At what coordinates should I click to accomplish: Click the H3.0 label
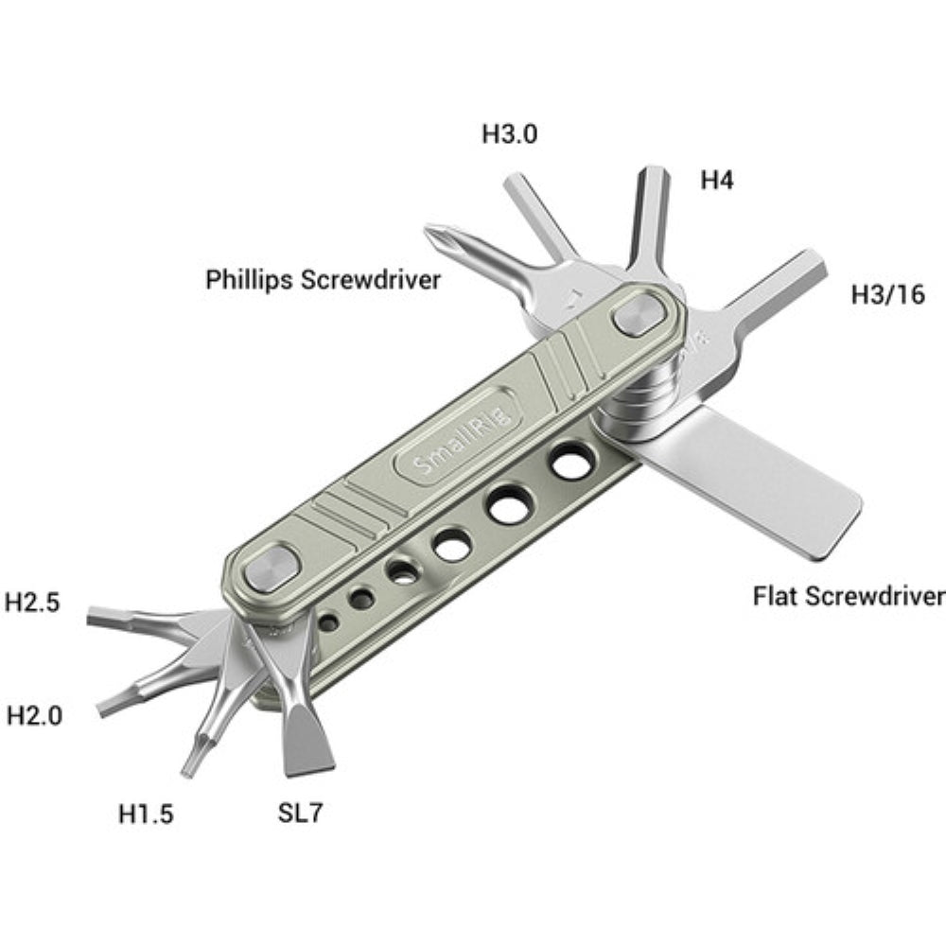pyautogui.click(x=510, y=134)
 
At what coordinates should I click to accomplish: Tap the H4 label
pyautogui.click(x=717, y=180)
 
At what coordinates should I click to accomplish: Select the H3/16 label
pyautogui.click(x=886, y=295)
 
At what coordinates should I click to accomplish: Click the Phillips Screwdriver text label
pyautogui.click(x=324, y=280)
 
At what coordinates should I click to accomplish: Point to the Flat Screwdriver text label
pyautogui.click(x=849, y=597)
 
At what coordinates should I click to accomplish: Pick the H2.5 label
pyautogui.click(x=33, y=602)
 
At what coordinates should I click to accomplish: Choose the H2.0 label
pyautogui.click(x=35, y=715)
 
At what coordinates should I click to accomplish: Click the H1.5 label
pyautogui.click(x=146, y=813)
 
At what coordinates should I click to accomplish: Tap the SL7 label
pyautogui.click(x=300, y=812)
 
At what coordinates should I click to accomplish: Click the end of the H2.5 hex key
pyautogui.click(x=94, y=617)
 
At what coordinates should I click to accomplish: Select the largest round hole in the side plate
pyautogui.click(x=570, y=463)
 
